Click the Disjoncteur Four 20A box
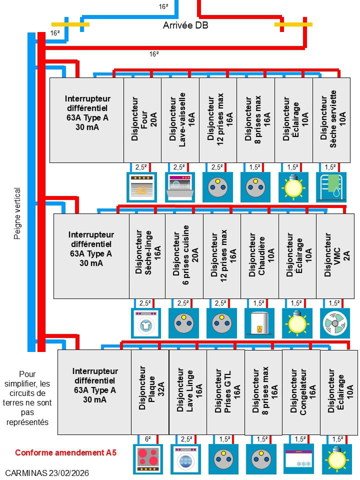142,120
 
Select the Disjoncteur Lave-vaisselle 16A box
180,120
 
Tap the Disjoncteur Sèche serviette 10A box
331,120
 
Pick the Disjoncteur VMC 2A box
335,256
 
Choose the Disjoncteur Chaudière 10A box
259,256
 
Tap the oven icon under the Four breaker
142,187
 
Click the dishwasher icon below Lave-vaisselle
180,187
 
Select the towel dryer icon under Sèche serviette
331,187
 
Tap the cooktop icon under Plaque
148,458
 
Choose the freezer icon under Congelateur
299,458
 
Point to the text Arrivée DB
185,25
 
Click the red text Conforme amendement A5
65,452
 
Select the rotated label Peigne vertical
17,213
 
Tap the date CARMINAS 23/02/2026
47,472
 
